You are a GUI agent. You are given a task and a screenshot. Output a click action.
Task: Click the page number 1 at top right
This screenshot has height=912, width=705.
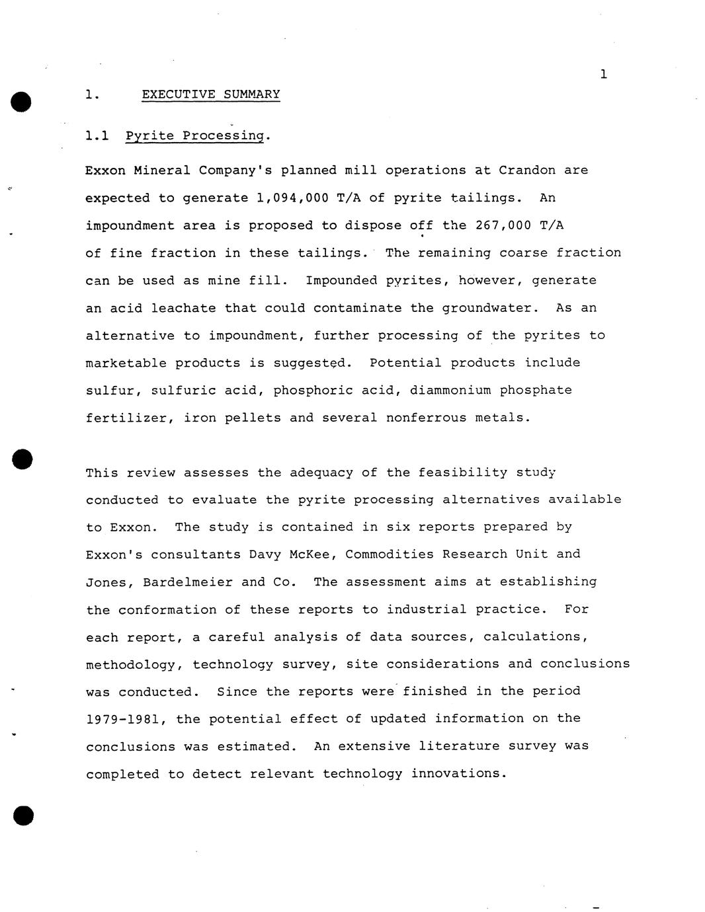coord(603,74)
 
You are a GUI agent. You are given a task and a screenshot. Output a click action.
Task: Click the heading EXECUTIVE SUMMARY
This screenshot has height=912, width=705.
coord(210,95)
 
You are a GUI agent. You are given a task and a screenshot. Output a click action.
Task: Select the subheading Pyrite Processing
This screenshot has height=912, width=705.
coord(195,136)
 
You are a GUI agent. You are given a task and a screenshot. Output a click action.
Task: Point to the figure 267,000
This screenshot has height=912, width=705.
coord(503,225)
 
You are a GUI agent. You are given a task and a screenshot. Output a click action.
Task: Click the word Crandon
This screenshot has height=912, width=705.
coord(526,171)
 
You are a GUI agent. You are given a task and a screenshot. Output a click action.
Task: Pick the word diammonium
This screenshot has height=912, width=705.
coord(450,390)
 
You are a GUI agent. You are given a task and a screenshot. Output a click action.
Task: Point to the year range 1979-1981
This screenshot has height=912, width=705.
coord(126,719)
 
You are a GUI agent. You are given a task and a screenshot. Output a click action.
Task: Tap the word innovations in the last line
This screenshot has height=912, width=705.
coord(458,774)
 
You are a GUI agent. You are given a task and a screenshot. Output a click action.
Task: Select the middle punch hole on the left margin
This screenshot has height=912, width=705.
coord(22,459)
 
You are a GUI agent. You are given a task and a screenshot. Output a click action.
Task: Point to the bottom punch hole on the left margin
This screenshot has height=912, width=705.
coord(22,816)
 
